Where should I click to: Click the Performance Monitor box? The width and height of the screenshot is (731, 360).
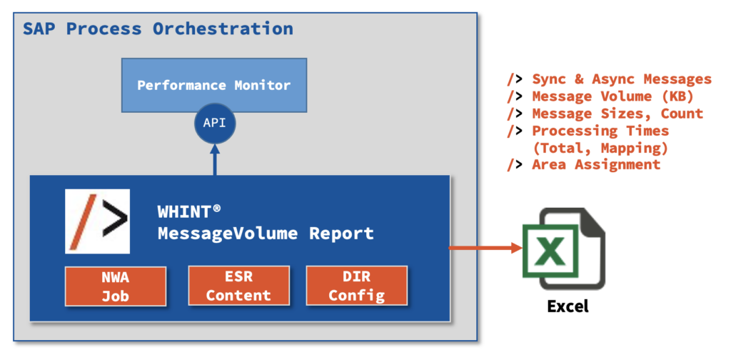click(214, 85)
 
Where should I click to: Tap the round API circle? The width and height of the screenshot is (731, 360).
click(214, 124)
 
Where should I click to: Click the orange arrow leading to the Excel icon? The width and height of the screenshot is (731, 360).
click(485, 248)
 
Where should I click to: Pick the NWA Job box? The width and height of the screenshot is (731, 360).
click(116, 286)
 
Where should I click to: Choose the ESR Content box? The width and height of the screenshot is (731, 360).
click(238, 286)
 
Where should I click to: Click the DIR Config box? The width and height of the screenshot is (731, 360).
click(357, 286)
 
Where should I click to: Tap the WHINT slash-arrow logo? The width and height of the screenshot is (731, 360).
click(97, 221)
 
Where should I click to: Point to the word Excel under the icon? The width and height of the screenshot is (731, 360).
click(568, 306)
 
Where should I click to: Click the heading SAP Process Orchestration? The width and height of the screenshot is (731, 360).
click(158, 29)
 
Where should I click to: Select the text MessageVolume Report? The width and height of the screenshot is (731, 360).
click(266, 233)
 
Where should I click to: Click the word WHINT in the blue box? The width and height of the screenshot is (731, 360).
click(184, 211)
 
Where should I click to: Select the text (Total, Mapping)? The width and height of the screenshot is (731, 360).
click(600, 148)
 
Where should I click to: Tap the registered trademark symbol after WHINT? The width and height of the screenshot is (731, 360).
click(216, 209)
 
